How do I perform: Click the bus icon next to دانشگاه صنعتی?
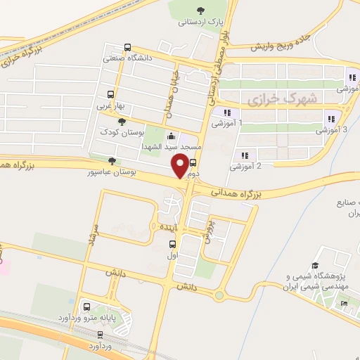[x=127, y=49]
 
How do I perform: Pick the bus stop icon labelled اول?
[x=172, y=244]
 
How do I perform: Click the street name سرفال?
[x=91, y=239]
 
